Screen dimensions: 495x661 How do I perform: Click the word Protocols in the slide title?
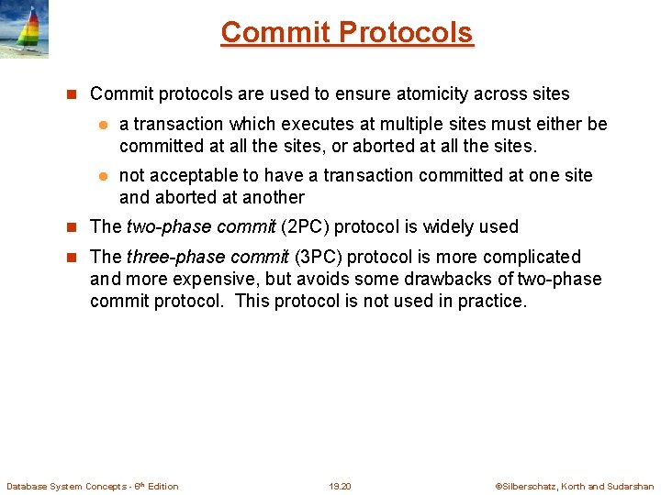pyautogui.click(x=406, y=32)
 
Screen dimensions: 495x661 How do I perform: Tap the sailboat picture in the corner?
pyautogui.click(x=24, y=29)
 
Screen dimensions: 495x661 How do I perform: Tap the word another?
pyautogui.click(x=270, y=197)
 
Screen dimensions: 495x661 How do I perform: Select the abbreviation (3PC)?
pyautogui.click(x=318, y=257)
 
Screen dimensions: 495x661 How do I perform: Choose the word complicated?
pyautogui.click(x=534, y=257)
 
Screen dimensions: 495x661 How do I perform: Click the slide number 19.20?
pyautogui.click(x=340, y=486)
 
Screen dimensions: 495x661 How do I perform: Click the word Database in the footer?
pyautogui.click(x=27, y=486)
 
